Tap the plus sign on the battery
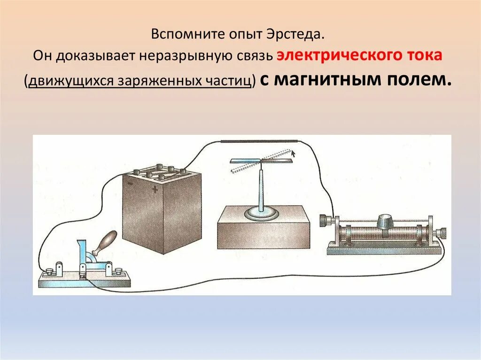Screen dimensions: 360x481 155,190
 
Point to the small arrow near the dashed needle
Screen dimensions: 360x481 293,152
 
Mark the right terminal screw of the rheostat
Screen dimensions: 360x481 441,232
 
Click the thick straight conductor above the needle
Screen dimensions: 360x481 261,141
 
